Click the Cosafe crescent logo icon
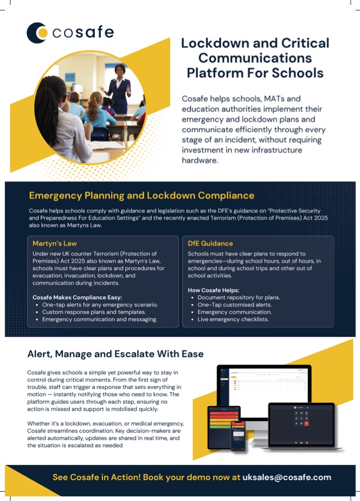pyautogui.click(x=37, y=32)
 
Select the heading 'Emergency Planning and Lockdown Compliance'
pyautogui.click(x=141, y=196)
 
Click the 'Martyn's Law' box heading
pyautogui.click(x=55, y=243)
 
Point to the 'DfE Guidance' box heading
pyautogui.click(x=211, y=243)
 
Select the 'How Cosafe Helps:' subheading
pyautogui.click(x=213, y=290)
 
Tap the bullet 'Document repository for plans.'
pyautogui.click(x=239, y=297)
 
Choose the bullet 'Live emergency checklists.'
pyautogui.click(x=232, y=320)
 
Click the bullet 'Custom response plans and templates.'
pyautogui.click(x=96, y=312)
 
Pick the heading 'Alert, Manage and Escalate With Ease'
pyautogui.click(x=116, y=354)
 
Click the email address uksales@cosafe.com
pyautogui.click(x=287, y=477)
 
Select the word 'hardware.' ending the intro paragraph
pyautogui.click(x=204, y=161)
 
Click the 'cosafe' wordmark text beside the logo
pyautogui.click(x=84, y=33)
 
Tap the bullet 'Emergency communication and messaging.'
pyautogui.click(x=100, y=320)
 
